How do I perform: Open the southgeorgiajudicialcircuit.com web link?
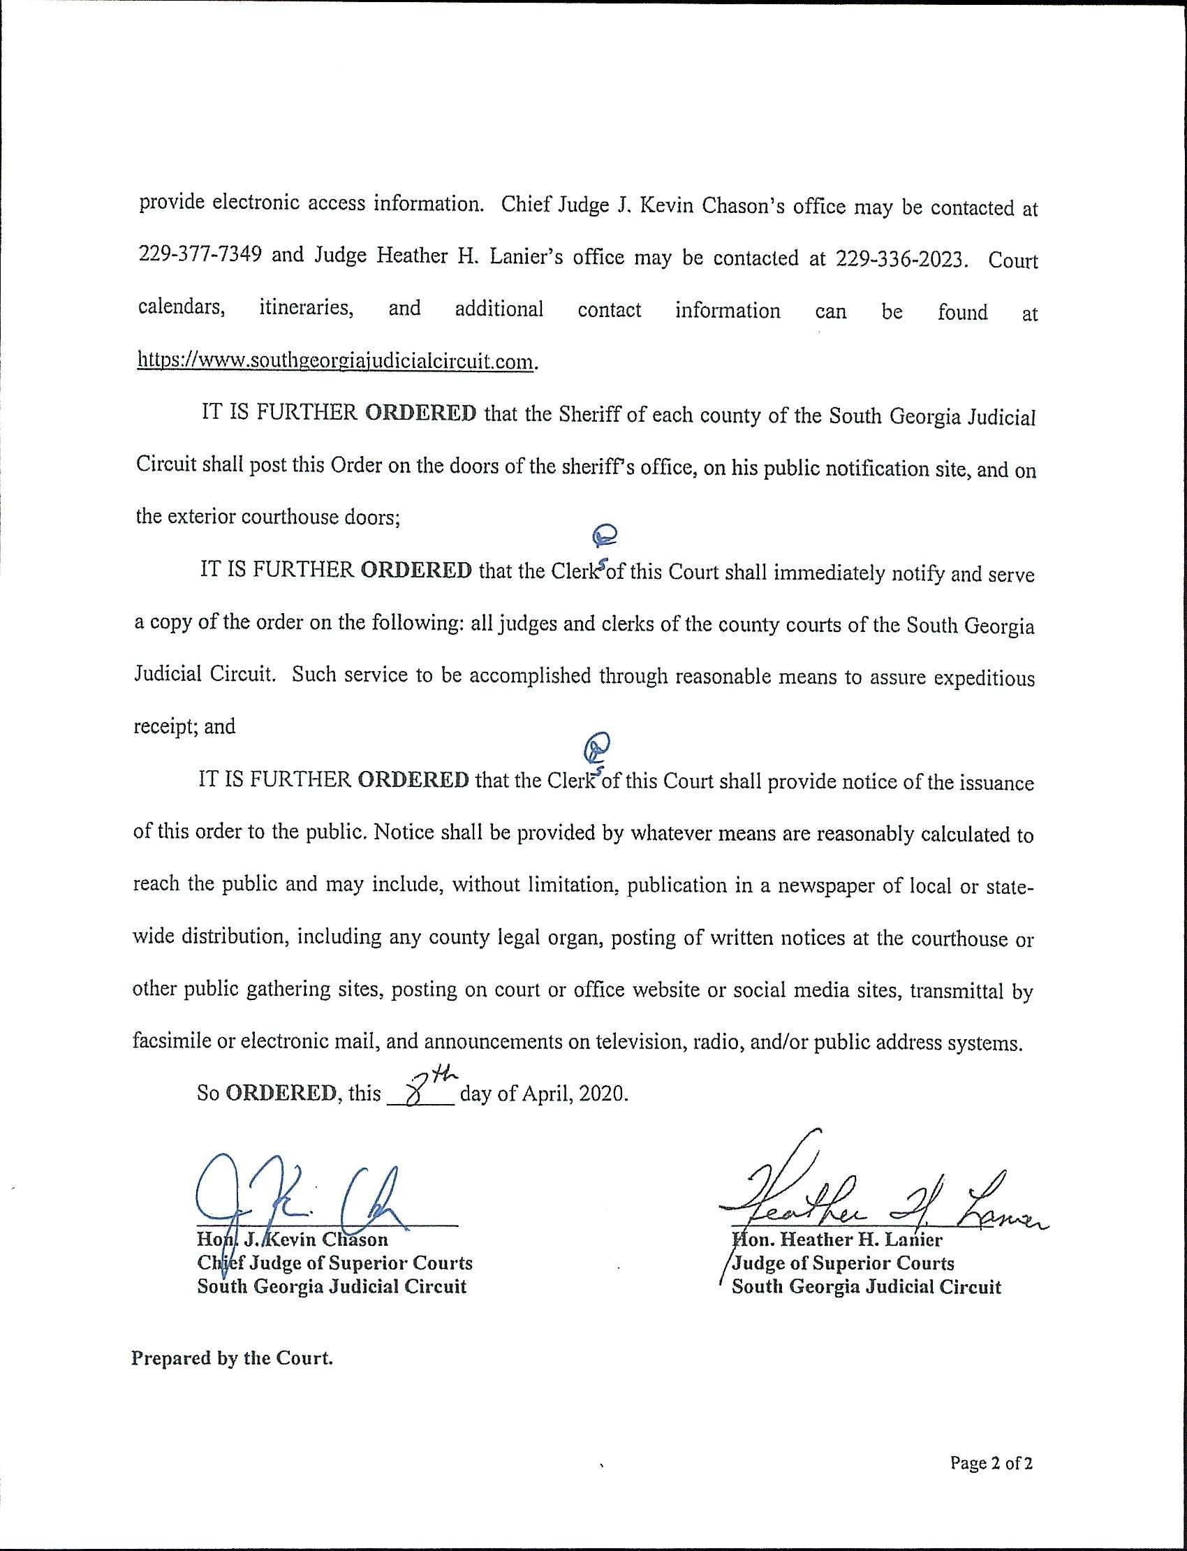(x=335, y=361)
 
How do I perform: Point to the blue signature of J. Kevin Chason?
(x=304, y=1201)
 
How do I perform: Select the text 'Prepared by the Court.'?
(x=232, y=1358)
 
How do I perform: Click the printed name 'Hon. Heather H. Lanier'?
(x=837, y=1240)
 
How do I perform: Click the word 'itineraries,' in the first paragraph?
(x=306, y=308)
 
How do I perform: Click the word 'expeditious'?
(x=985, y=678)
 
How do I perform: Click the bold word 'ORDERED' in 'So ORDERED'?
(x=281, y=1094)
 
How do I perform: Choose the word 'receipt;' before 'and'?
(x=166, y=726)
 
